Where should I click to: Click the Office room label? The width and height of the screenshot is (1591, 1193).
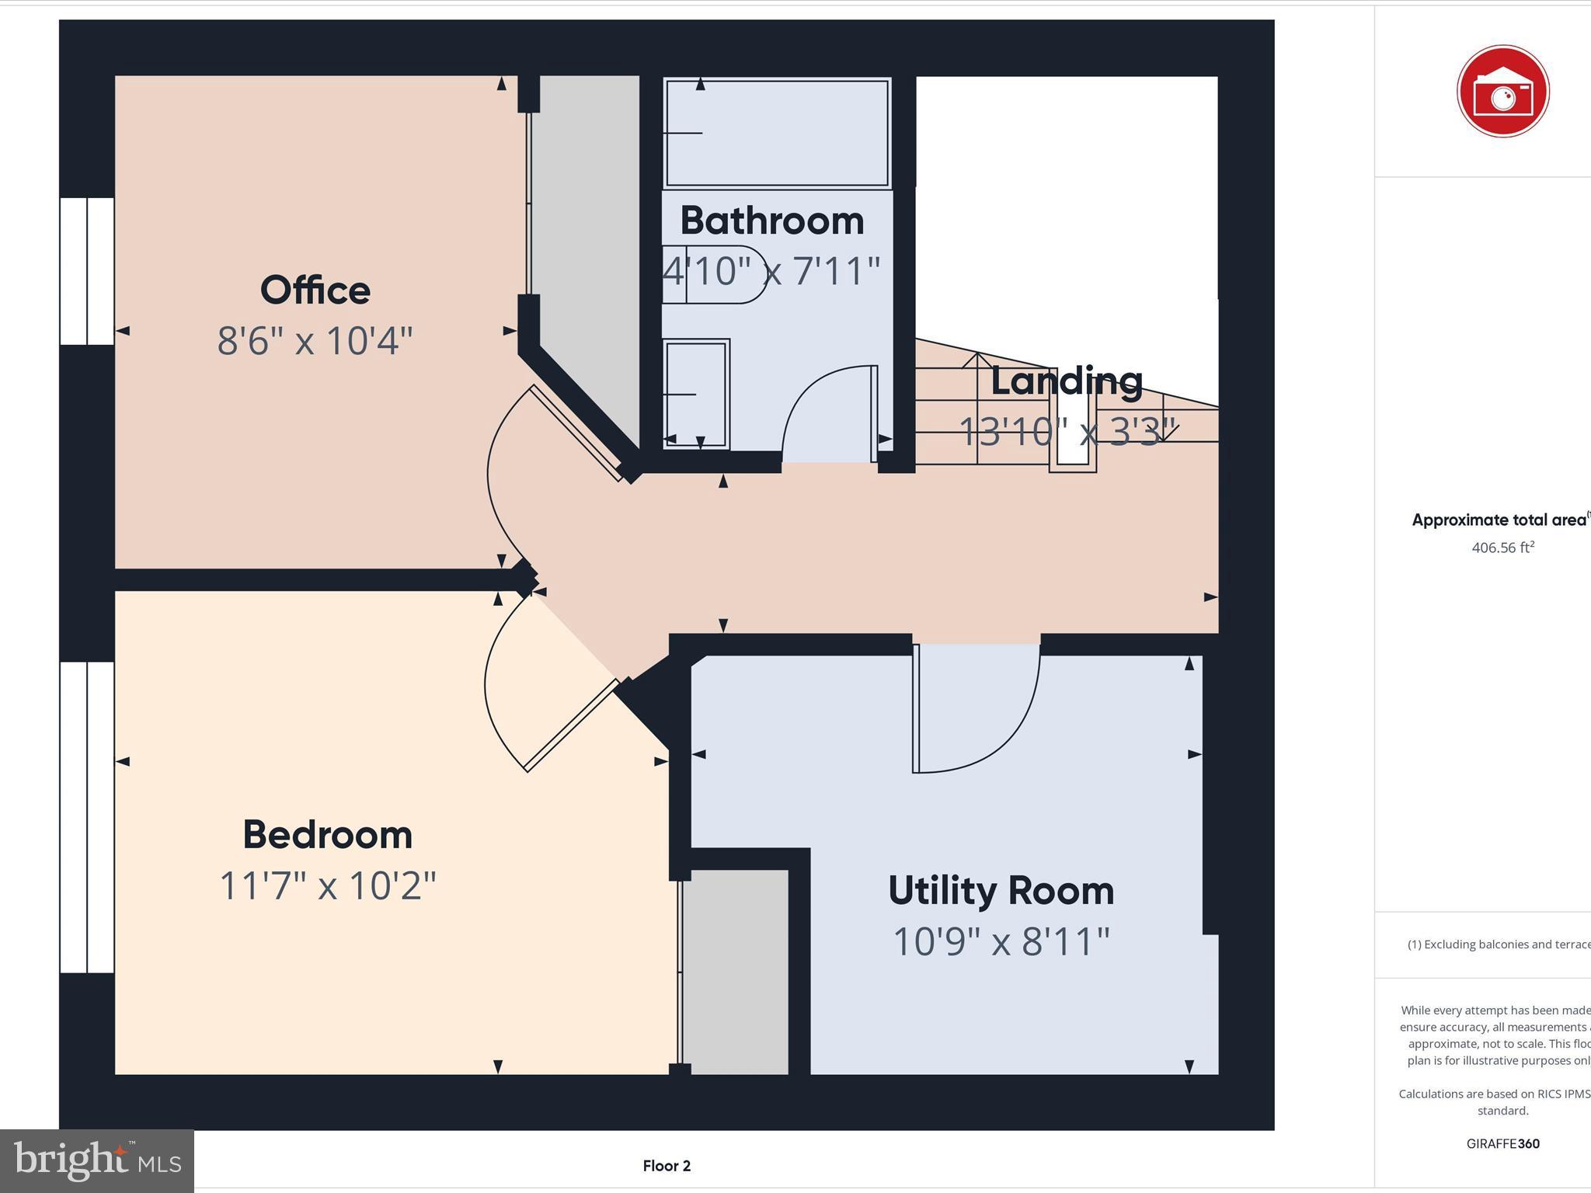tap(315, 290)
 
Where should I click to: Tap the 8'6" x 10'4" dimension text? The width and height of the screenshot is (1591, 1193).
tap(315, 341)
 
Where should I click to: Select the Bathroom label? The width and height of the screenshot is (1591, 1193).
tap(771, 221)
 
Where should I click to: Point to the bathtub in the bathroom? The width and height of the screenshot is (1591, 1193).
tap(777, 132)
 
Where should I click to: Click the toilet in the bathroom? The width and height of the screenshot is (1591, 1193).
tap(711, 274)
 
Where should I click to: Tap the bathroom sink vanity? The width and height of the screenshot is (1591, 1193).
tap(696, 394)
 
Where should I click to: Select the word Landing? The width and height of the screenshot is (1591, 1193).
tap(1066, 381)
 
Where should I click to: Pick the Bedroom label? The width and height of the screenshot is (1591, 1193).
tap(327, 835)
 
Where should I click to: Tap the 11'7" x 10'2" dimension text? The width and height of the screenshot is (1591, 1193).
tap(327, 886)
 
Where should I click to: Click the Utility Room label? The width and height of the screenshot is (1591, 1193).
tap(1001, 891)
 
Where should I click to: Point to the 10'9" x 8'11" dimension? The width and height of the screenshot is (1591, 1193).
tap(1001, 942)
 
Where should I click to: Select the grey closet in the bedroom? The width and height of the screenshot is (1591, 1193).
tap(735, 971)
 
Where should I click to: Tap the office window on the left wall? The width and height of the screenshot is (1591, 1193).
tap(87, 270)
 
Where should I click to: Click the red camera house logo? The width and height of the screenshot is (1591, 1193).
tap(1502, 92)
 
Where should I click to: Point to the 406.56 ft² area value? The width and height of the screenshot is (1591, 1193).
tap(1502, 548)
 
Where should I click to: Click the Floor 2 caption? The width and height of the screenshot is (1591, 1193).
tap(667, 1166)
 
